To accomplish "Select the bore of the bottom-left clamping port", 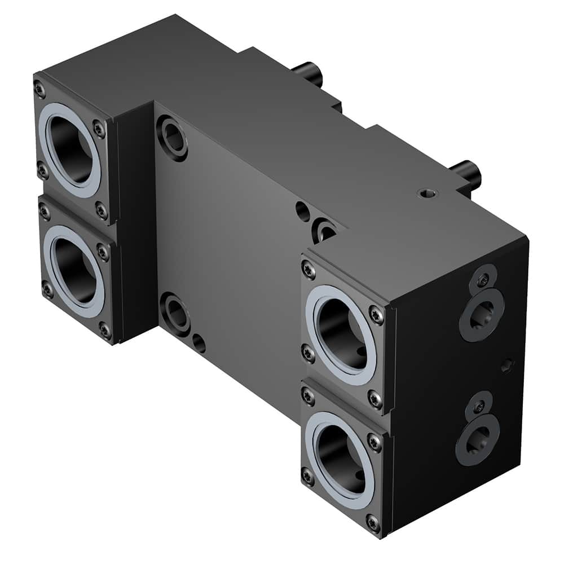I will [x=77, y=270].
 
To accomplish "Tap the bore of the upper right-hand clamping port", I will [x=340, y=334].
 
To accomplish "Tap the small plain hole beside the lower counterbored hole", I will [x=199, y=342].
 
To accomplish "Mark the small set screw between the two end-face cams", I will [x=507, y=367].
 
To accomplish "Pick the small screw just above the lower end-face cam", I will [x=479, y=406].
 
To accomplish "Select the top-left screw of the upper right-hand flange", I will [x=308, y=269].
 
